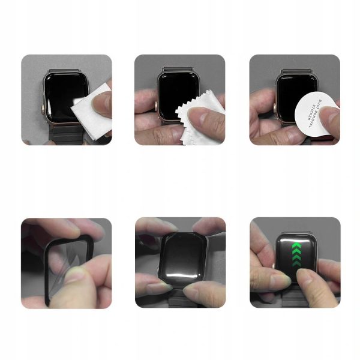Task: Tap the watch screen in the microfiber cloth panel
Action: [x=176, y=90]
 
